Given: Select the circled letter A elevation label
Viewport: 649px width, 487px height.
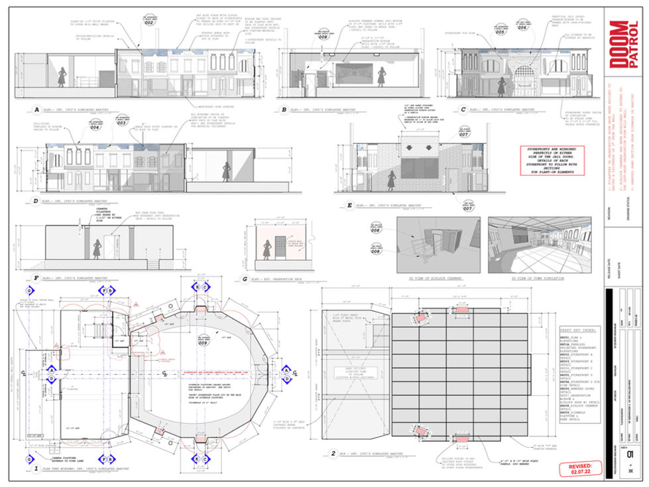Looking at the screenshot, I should [28, 110].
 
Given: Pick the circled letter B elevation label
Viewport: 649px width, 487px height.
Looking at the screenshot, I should [284, 110].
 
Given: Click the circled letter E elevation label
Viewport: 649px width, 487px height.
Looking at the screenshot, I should [350, 206].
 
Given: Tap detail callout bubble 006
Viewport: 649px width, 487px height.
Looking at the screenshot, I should [523, 29].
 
